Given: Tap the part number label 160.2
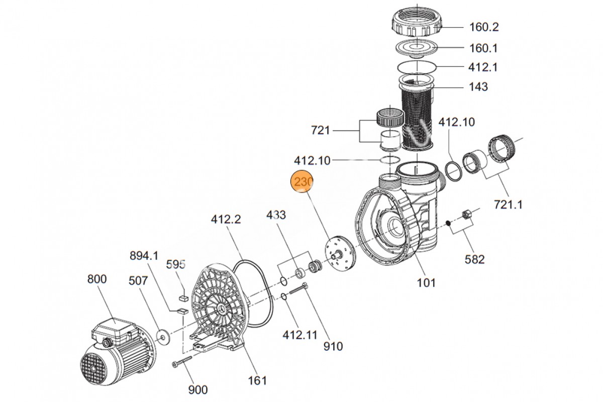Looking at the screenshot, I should (x=484, y=27).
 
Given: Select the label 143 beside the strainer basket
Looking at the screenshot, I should (x=478, y=87).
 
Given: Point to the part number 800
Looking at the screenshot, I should (x=97, y=279).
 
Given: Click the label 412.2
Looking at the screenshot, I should (x=226, y=220).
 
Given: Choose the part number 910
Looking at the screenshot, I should (x=333, y=346).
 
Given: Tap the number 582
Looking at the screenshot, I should (x=475, y=259).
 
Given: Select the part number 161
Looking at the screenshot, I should (x=257, y=380).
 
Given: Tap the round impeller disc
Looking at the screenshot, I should (x=340, y=254).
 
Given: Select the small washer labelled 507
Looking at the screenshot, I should (x=163, y=334).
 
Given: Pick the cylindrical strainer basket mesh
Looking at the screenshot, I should (x=417, y=116).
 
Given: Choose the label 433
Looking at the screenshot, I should (x=276, y=215).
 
